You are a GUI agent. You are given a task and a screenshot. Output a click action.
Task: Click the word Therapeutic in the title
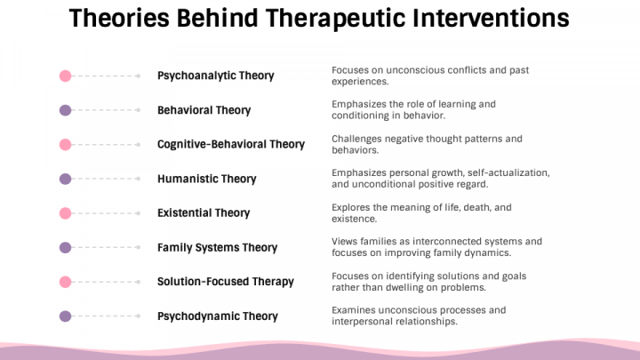(320, 18)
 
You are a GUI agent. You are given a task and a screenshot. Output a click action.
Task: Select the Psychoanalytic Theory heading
(216, 76)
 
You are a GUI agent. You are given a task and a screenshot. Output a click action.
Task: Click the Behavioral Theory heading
(204, 110)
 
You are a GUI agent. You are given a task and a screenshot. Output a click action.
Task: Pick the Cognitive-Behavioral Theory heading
(231, 145)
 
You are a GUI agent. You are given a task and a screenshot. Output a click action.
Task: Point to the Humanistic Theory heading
(207, 179)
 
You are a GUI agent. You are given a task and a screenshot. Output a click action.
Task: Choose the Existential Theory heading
(204, 213)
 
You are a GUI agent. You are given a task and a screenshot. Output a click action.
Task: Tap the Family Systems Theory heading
(218, 248)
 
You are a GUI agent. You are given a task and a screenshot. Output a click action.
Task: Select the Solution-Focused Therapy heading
(225, 282)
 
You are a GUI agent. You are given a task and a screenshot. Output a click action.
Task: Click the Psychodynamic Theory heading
(218, 316)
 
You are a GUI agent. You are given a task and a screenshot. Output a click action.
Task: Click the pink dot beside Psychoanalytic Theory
(65, 76)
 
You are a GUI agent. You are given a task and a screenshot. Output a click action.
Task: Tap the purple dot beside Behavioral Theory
(65, 110)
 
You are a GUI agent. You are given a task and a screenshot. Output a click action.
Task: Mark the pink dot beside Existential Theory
(65, 213)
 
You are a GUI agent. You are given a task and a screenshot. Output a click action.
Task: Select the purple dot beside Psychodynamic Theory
(65, 316)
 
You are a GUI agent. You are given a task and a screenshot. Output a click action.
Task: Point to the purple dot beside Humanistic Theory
(65, 179)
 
